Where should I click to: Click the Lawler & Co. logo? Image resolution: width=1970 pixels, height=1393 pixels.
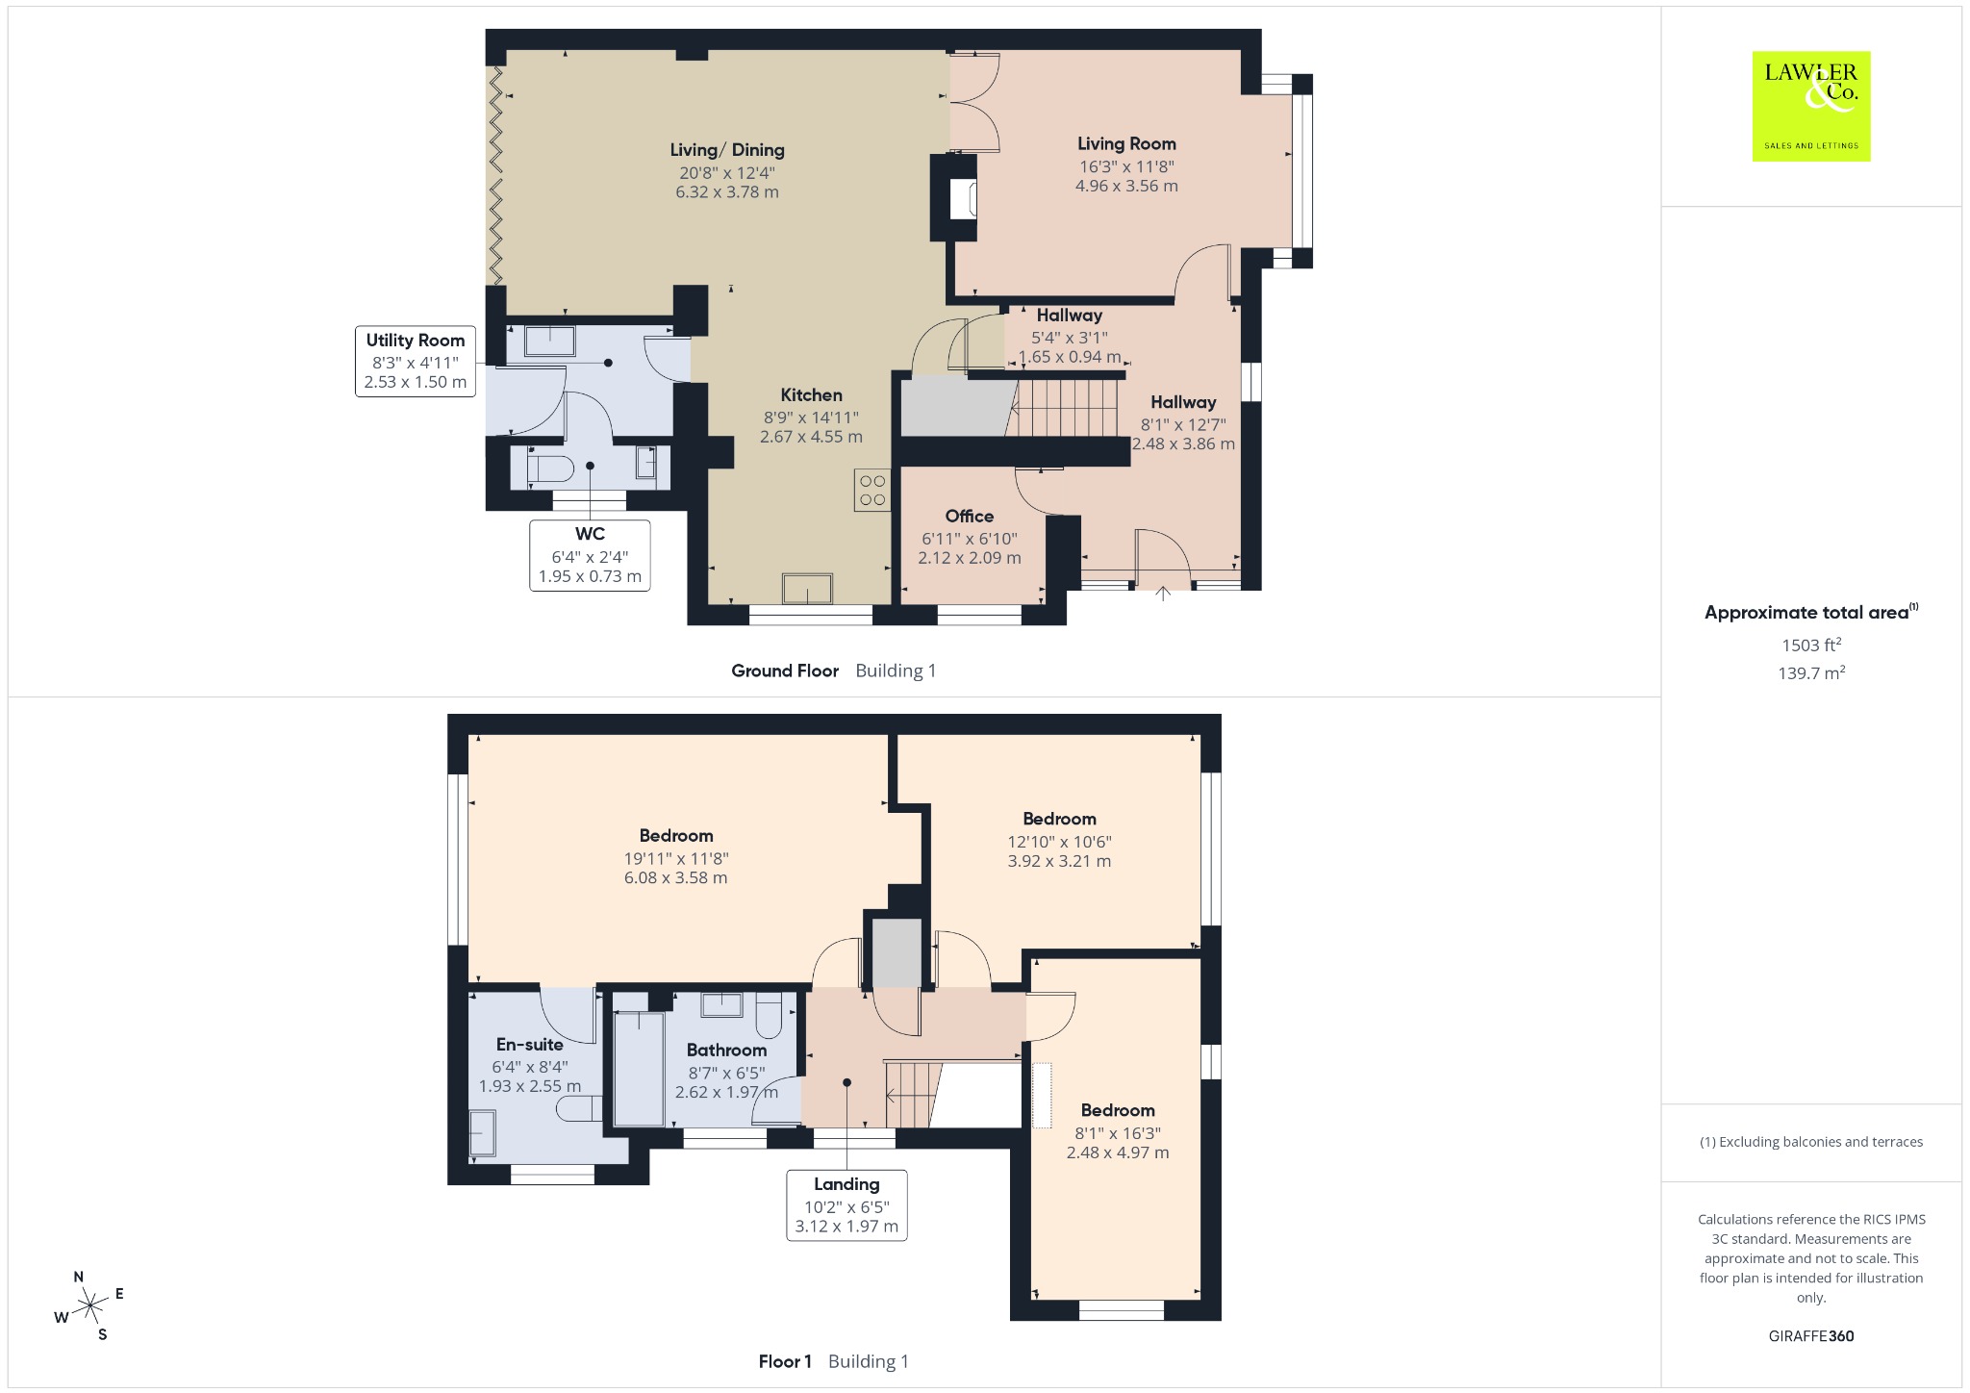pos(1810,106)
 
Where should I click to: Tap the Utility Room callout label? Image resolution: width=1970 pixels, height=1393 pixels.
pos(416,361)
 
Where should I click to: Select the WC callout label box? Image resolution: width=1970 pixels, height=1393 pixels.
pos(590,555)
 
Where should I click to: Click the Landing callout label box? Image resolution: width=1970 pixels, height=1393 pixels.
pos(846,1204)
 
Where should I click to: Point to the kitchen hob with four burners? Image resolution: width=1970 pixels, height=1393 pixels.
pos(872,490)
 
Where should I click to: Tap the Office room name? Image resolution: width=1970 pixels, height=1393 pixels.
pos(970,516)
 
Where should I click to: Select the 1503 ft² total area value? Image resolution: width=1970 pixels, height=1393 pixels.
pos(1811,645)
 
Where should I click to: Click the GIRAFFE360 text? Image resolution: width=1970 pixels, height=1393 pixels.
pos(1811,1335)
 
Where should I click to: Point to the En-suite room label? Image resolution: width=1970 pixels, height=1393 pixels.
pos(530,1044)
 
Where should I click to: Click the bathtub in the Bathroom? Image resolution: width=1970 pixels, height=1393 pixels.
pos(639,1068)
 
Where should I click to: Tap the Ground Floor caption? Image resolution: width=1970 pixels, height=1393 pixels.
pos(785,671)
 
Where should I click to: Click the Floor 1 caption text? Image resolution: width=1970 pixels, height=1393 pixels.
pos(785,1361)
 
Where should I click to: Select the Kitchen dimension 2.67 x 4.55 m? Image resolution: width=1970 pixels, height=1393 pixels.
pos(811,437)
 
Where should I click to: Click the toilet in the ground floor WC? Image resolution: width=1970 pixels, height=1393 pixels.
pos(550,469)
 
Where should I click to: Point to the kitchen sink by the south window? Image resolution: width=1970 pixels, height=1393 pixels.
pos(807,588)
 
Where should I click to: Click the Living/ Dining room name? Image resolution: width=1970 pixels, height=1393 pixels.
pos(727,150)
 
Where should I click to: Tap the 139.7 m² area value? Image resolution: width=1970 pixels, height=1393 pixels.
pos(1811,672)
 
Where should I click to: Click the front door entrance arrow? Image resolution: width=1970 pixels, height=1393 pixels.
pos(1163,594)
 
